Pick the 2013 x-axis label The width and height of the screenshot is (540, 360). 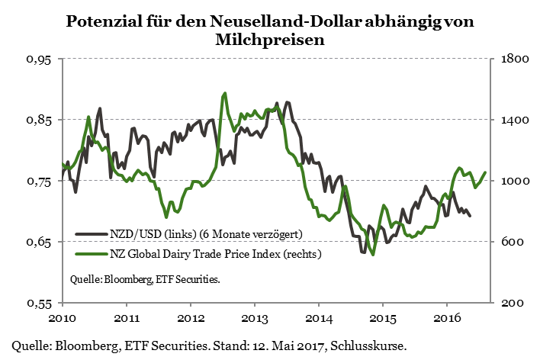click(x=254, y=317)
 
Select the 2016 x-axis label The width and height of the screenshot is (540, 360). click(x=446, y=317)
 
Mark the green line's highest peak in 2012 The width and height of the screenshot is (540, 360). click(x=225, y=94)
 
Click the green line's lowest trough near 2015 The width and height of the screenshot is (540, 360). click(x=373, y=255)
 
